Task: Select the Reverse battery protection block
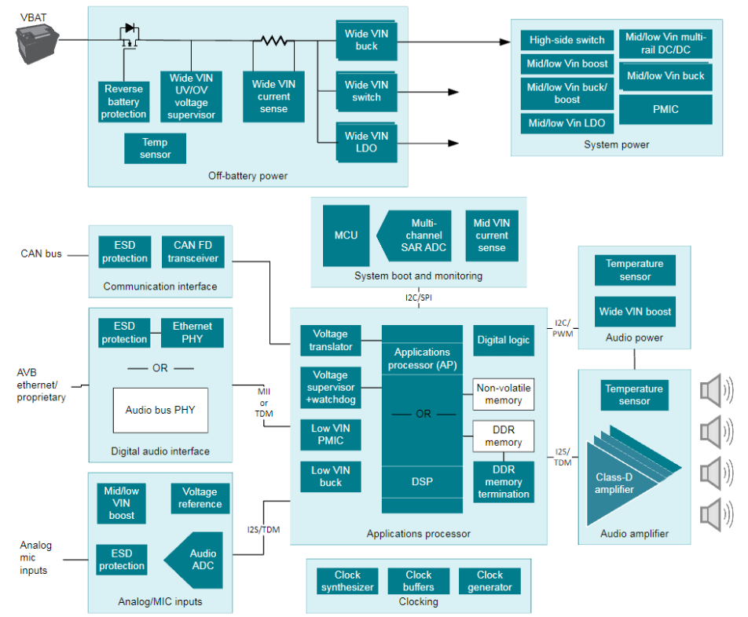click(123, 101)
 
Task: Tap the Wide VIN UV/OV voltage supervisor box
click(191, 97)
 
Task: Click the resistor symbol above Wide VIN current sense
click(273, 40)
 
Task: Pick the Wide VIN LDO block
click(365, 142)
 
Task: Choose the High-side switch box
click(566, 41)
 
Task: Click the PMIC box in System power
click(665, 109)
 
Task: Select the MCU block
click(346, 235)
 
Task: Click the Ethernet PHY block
click(192, 332)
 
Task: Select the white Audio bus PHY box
click(160, 410)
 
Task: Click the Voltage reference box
click(200, 498)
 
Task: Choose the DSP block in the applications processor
click(422, 481)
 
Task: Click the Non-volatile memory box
click(503, 394)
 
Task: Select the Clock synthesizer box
click(347, 581)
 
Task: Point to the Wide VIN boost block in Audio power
click(635, 312)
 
